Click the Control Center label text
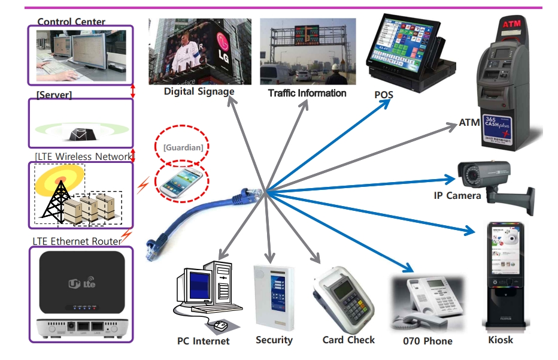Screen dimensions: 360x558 click(71, 22)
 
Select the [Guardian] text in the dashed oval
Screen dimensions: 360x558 click(183, 147)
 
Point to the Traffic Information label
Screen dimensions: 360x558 click(307, 93)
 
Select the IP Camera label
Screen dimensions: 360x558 click(457, 195)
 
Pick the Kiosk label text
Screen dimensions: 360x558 click(501, 340)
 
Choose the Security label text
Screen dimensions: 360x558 click(274, 340)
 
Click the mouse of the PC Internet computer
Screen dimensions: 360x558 click(220, 326)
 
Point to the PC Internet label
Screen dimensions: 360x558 click(204, 341)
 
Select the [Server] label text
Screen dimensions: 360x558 click(54, 95)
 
